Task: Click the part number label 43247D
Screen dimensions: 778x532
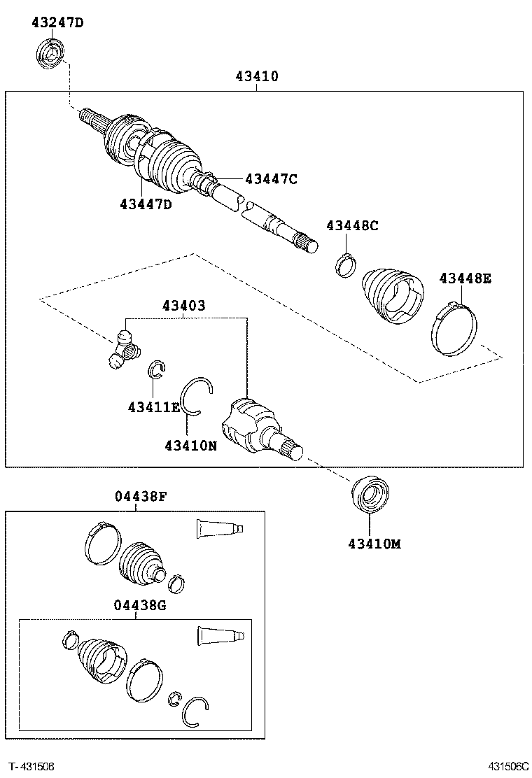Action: click(x=57, y=22)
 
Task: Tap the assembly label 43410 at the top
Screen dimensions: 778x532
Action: click(x=256, y=76)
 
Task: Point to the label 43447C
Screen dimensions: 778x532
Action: click(x=271, y=179)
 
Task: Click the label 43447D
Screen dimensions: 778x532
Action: click(x=145, y=204)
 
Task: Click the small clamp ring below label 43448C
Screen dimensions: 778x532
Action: click(x=344, y=265)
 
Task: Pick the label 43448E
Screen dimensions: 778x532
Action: click(x=465, y=278)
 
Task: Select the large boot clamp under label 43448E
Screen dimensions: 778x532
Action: click(x=453, y=327)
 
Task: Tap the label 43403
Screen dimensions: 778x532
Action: click(x=183, y=306)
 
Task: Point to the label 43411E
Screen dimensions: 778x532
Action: click(x=153, y=406)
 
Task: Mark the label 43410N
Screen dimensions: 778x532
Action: click(x=190, y=444)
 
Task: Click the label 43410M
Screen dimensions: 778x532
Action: click(x=374, y=543)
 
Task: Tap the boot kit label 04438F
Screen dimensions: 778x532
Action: click(x=140, y=497)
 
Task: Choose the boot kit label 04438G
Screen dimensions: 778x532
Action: click(x=140, y=605)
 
